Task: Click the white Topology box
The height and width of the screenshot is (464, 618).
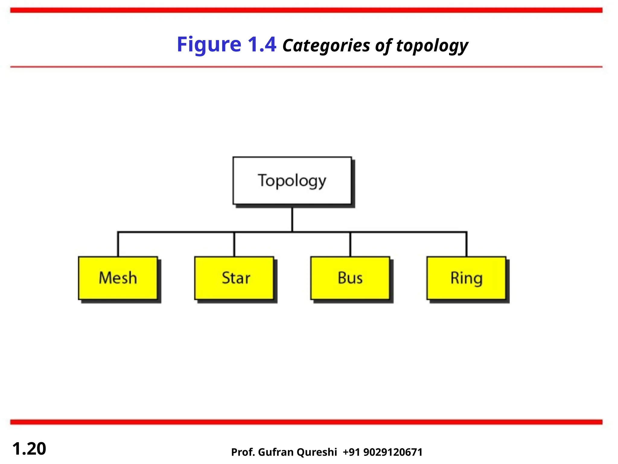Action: [292, 181]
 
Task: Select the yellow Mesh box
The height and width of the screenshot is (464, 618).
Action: [118, 278]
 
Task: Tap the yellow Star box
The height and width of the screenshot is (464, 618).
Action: [234, 278]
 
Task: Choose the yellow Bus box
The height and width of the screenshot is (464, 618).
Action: [350, 278]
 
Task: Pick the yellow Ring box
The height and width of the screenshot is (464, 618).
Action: [466, 278]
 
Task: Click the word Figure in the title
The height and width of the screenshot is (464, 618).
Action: [209, 45]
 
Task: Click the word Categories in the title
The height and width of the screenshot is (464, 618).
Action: [326, 46]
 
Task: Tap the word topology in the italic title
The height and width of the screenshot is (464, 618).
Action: [432, 46]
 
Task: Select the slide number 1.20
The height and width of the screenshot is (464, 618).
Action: [29, 449]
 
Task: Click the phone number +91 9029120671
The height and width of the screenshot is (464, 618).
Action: [383, 452]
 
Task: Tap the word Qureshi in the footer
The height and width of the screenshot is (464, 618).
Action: [317, 452]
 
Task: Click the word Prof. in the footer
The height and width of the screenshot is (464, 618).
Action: [243, 452]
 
